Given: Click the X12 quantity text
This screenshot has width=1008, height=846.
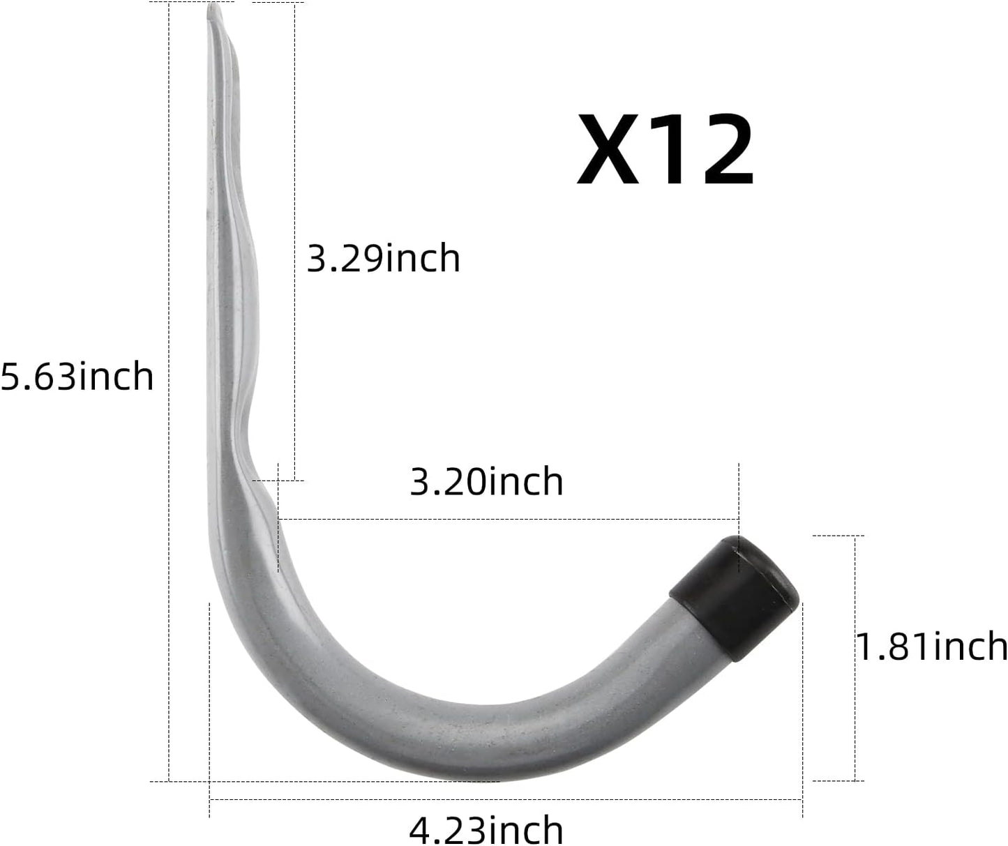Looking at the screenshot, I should click(665, 151).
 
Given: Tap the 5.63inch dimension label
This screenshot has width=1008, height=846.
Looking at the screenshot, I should click(77, 377).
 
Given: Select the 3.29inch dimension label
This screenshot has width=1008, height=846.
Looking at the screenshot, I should click(384, 259).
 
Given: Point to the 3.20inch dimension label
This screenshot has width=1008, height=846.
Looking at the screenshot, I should click(486, 482).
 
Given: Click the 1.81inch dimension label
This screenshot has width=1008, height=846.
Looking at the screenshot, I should click(932, 646).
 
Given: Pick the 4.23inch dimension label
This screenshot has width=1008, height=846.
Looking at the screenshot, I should click(486, 829).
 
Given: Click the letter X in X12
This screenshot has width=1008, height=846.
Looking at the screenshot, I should click(608, 151).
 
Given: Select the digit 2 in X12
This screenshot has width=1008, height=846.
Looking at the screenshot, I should click(721, 151).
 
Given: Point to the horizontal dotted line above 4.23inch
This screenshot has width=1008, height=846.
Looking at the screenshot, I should click(506, 800).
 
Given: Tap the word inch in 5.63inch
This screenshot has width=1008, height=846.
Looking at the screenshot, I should click(116, 377).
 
